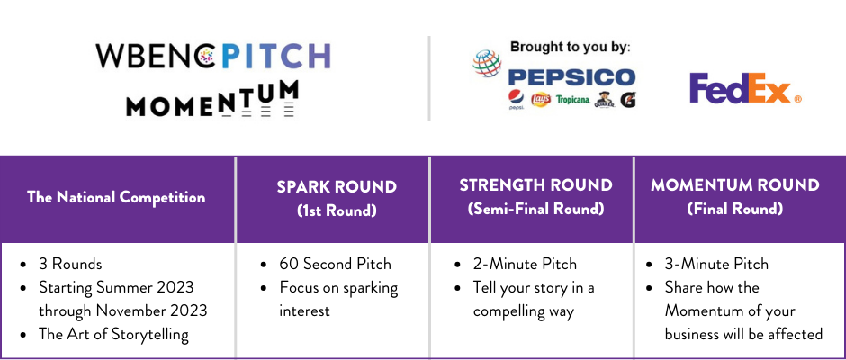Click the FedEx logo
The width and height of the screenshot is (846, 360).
click(745, 88)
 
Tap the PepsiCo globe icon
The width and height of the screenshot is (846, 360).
click(487, 63)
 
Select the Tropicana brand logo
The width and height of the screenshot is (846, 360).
click(573, 100)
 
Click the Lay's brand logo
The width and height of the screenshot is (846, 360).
click(541, 99)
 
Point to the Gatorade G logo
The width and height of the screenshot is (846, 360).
click(627, 99)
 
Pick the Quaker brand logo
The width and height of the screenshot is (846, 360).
click(605, 99)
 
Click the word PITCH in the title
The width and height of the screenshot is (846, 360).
click(275, 56)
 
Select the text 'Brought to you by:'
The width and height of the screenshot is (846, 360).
click(571, 47)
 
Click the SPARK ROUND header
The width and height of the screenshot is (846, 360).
click(337, 186)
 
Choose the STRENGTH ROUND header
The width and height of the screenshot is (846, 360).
click(535, 185)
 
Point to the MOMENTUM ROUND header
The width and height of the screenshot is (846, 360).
click(735, 185)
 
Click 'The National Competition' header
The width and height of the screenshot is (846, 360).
click(116, 197)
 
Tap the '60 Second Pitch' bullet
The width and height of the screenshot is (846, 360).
click(335, 264)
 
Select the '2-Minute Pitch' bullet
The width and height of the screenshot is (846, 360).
click(525, 264)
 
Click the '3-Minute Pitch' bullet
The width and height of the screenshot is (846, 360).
click(716, 264)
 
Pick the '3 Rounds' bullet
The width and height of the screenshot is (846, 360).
click(70, 264)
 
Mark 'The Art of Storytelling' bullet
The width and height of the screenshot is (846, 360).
click(113, 335)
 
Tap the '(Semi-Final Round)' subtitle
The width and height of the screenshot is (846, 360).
click(535, 209)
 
